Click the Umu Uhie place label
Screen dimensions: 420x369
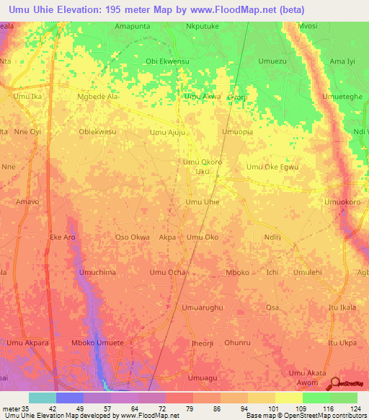click(203, 202)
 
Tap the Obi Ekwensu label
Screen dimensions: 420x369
click(167, 61)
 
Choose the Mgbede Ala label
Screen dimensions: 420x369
click(97, 96)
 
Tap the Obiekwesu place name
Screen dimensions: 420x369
click(97, 132)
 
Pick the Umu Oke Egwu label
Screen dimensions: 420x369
click(272, 167)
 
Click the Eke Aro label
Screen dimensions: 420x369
click(62, 237)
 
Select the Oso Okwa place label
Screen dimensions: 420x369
click(133, 237)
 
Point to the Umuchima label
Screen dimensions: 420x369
click(97, 272)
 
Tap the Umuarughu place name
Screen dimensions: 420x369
click(203, 307)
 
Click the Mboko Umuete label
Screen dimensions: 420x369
click(97, 342)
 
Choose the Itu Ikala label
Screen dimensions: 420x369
click(342, 307)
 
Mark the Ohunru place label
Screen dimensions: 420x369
click(237, 342)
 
